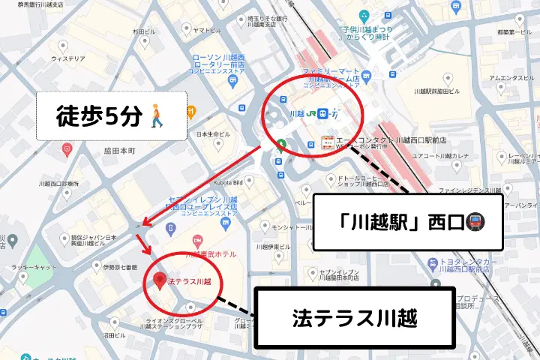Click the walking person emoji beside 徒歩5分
click(x=158, y=116)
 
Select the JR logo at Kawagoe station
click(x=321, y=114)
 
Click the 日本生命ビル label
click(x=213, y=134)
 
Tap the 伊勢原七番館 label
click(x=120, y=267)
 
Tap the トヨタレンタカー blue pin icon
click(x=433, y=263)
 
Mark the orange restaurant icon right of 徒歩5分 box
click(x=192, y=112)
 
